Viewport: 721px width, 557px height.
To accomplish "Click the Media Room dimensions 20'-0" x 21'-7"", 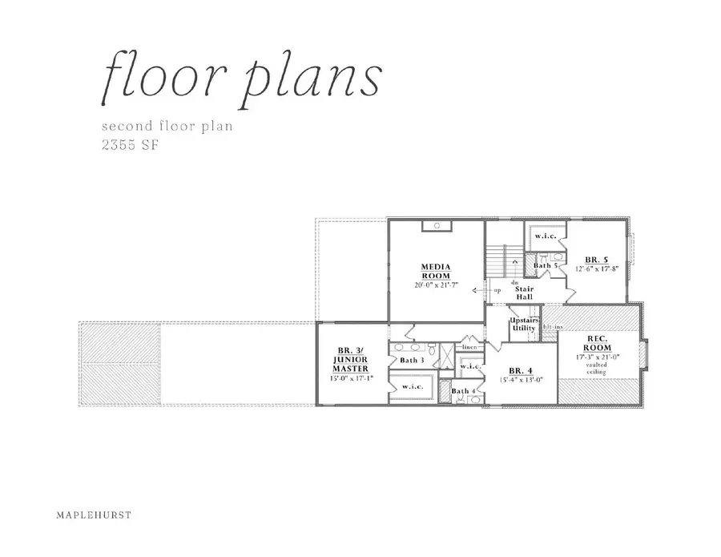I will coord(437,286).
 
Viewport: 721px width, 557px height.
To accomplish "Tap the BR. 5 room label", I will coord(595,260).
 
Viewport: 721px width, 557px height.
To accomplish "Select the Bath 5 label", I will coord(546,264).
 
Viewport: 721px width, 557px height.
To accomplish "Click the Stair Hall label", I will coord(524,293).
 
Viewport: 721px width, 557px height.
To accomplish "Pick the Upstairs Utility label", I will coord(524,324).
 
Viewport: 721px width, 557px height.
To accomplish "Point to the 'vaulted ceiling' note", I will coord(596,368).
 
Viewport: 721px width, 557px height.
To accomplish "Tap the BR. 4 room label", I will coord(521,370).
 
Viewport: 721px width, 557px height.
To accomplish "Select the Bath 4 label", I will coord(461,391).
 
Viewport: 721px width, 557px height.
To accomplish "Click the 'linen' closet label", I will coord(469,347).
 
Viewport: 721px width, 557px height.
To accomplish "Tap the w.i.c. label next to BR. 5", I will coord(546,236).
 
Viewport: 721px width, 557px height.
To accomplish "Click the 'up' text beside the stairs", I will coord(497,290).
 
